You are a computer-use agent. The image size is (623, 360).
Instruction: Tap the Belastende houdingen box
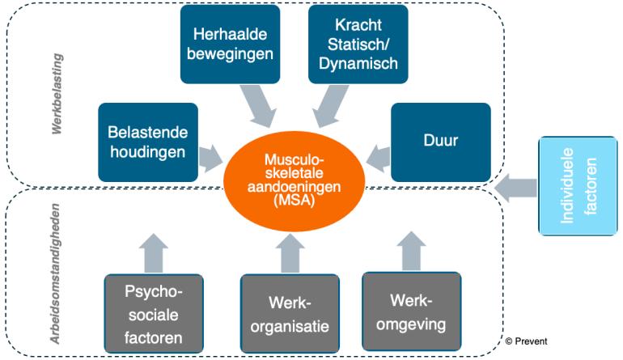(147, 141)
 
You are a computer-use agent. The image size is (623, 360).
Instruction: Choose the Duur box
(440, 141)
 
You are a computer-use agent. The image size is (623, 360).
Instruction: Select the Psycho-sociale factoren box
(154, 311)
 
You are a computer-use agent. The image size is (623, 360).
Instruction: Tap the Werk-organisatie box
(290, 314)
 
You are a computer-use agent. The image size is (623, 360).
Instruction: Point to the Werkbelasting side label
(57, 95)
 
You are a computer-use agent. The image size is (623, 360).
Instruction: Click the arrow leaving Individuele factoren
(516, 189)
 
